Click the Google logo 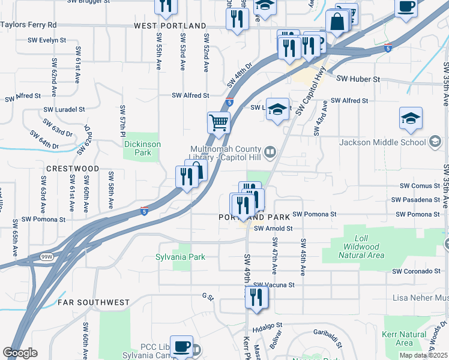20,353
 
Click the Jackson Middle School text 382,142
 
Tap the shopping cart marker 219,122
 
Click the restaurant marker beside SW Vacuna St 256,297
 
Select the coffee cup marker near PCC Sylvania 182,347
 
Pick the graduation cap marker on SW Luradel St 277,109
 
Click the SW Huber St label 358,79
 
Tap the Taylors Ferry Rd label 28,25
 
